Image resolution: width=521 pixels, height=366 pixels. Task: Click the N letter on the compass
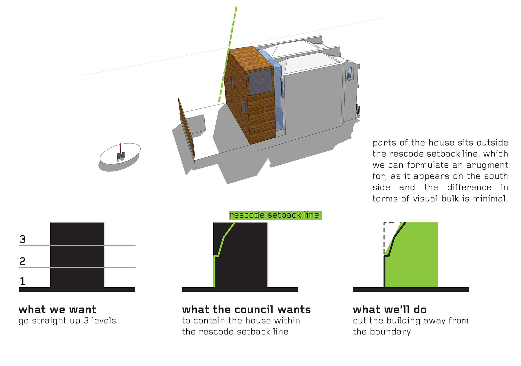(x=121, y=156)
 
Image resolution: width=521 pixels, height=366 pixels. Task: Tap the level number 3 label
(x=23, y=239)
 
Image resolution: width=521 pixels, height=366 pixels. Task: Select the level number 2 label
(x=23, y=261)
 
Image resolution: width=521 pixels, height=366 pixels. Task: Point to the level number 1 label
(x=23, y=281)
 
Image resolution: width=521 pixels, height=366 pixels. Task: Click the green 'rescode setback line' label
(x=275, y=215)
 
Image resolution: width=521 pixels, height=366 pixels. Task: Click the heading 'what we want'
(x=57, y=310)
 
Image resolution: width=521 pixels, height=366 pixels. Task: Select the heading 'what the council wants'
(x=246, y=310)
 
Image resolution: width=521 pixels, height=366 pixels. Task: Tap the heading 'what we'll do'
(x=390, y=310)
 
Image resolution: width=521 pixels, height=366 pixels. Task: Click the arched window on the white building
(x=350, y=73)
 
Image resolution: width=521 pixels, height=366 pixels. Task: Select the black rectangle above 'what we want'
(x=77, y=255)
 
